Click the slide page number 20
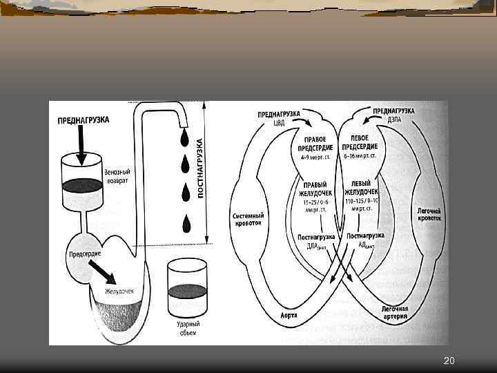[x=449, y=361]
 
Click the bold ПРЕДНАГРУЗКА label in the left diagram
[x=84, y=119]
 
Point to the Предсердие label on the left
[x=84, y=254]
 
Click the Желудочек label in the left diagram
[x=119, y=290]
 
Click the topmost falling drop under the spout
[x=184, y=139]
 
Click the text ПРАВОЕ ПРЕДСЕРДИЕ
[x=316, y=143]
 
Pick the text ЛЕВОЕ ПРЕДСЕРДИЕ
[x=363, y=143]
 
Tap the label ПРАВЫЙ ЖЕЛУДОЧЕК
[x=315, y=189]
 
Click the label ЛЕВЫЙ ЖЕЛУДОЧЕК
[x=363, y=188]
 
